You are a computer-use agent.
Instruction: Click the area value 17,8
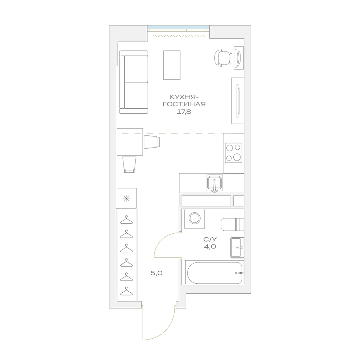[184, 112]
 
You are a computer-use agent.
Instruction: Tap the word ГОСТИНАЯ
[184, 104]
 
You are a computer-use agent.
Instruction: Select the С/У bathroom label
[210, 239]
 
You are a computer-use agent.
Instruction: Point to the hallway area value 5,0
[157, 273]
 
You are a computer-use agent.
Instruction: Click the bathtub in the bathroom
[215, 273]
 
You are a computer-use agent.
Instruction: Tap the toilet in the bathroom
[232, 225]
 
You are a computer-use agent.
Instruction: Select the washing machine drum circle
[194, 218]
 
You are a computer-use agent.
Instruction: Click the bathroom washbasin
[237, 247]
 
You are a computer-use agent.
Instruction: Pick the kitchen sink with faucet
[215, 183]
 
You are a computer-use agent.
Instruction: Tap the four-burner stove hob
[234, 153]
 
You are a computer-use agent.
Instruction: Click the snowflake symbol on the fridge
[126, 198]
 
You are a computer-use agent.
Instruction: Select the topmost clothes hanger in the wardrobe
[126, 220]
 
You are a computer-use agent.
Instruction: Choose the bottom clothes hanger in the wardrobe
[126, 291]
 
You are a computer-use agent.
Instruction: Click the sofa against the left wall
[134, 82]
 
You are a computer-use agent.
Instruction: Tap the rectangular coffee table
[172, 65]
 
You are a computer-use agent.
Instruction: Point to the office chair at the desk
[223, 58]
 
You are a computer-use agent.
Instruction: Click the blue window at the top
[178, 27]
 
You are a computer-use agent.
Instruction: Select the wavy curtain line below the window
[179, 36]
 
